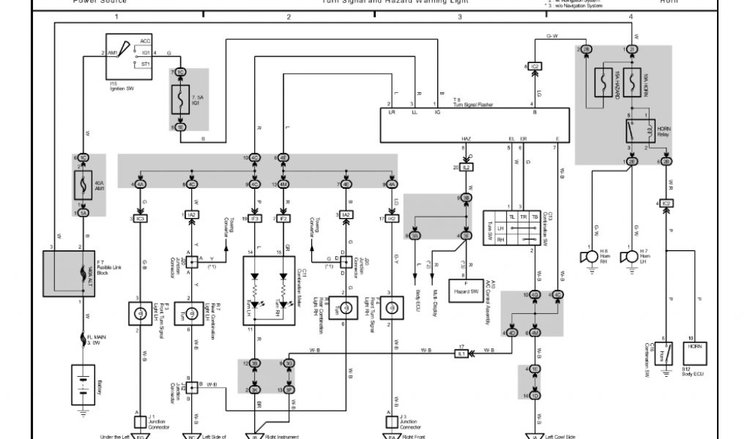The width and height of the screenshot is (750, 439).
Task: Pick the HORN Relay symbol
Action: pos(638,132)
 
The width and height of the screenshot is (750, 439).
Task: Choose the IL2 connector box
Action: pos(467,168)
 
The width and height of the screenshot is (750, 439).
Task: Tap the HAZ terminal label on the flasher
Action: pos(466,138)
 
